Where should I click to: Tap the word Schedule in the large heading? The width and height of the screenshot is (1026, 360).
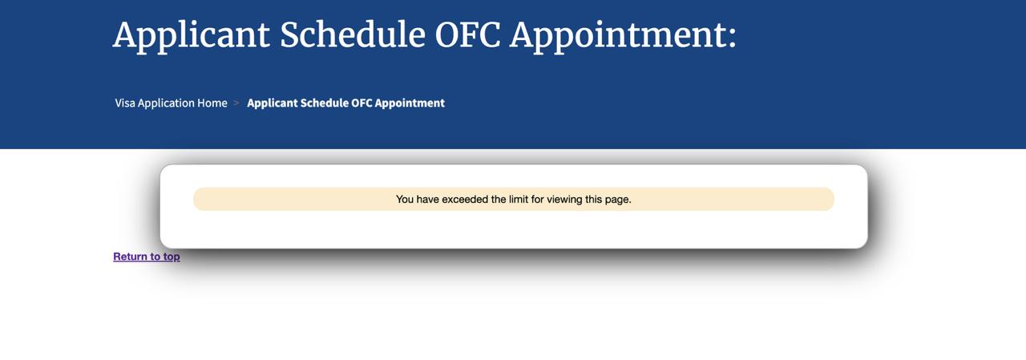[352, 34]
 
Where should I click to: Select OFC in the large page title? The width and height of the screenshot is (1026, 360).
[467, 34]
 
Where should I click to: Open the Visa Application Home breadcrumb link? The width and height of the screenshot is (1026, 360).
[171, 103]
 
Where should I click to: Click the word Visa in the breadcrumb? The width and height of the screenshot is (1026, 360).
[124, 103]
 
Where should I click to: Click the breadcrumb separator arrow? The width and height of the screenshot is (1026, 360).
[236, 103]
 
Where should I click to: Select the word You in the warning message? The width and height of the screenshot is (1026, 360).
[405, 199]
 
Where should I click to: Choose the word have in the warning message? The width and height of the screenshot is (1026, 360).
[427, 199]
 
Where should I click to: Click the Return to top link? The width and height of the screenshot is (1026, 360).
[147, 257]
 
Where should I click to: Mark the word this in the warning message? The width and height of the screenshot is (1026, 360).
[593, 199]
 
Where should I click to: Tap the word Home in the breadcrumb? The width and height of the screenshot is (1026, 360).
[212, 103]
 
